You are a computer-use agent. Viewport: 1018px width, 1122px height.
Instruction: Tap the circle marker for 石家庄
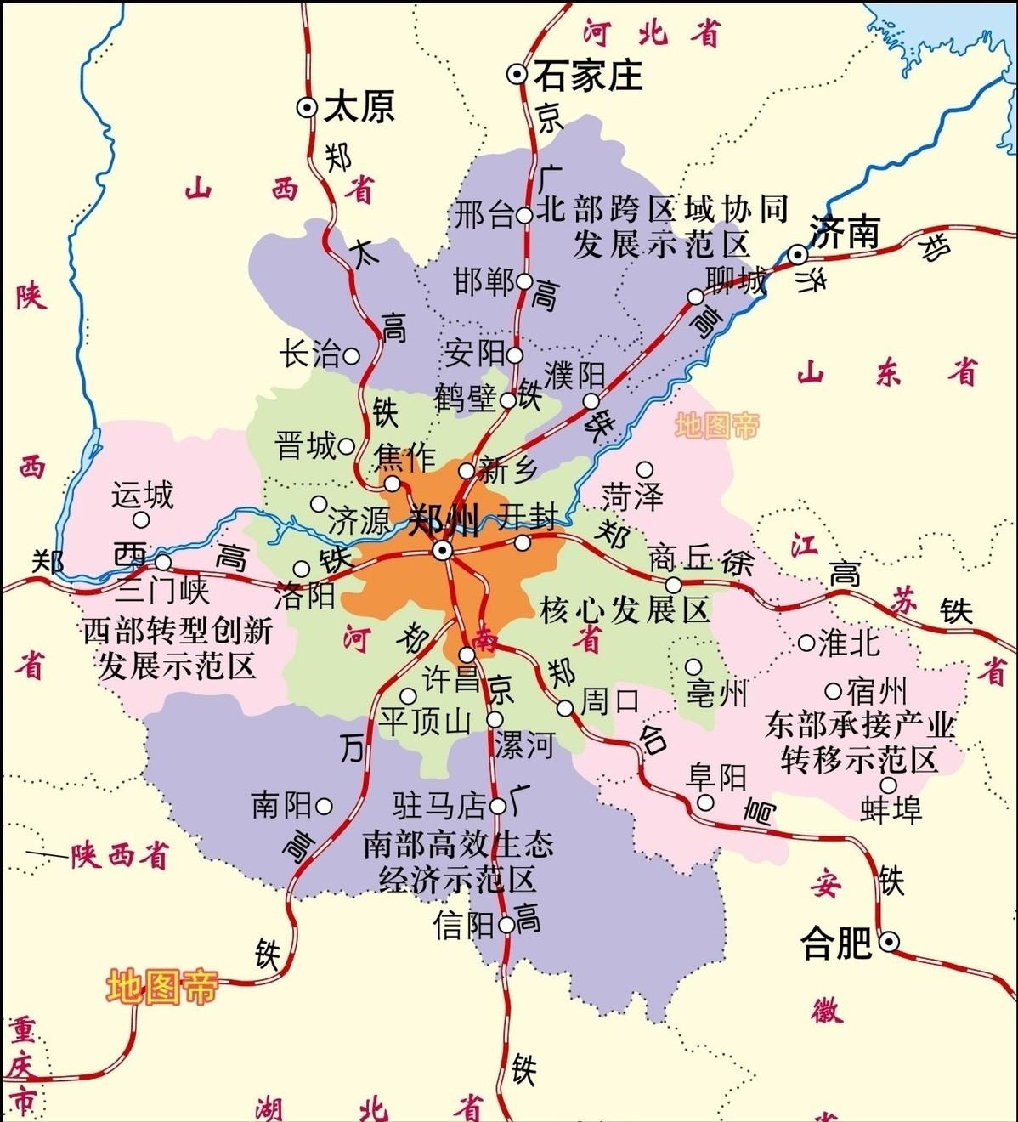coord(517,75)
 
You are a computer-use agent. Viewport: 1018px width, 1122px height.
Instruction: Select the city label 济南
coord(844,232)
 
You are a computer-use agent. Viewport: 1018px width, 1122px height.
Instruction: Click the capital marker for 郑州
coord(442,551)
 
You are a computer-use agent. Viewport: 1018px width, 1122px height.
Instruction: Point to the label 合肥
coord(837,943)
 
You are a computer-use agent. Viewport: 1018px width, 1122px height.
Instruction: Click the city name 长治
coord(309,354)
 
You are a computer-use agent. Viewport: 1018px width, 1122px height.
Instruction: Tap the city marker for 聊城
coord(696,297)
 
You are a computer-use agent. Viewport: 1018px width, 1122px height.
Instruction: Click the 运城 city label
coord(142,495)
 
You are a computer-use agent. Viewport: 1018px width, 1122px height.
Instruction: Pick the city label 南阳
coord(281,805)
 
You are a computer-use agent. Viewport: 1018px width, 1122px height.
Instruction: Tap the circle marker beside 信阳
coord(506,925)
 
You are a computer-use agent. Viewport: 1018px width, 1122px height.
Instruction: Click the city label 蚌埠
coord(891,810)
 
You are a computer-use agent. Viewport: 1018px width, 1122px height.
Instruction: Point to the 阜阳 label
coord(716,776)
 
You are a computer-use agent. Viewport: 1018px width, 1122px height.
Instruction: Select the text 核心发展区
coord(625,609)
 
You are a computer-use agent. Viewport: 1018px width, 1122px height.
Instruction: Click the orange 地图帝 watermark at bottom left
coord(161,987)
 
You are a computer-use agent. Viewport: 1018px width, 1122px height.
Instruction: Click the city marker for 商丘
coord(673,585)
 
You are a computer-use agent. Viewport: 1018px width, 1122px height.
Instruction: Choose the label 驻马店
coord(439,804)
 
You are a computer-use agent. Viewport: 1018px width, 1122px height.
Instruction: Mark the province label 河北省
coord(652,32)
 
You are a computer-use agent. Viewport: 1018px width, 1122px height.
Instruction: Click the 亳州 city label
coord(717,694)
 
